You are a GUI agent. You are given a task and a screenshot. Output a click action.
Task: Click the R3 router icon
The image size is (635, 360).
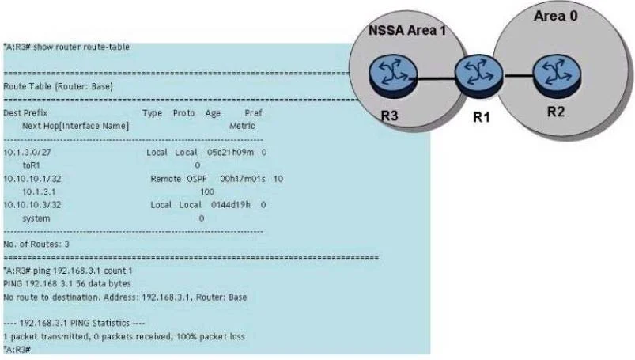click(393, 75)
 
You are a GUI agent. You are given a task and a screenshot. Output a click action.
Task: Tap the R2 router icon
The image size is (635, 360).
click(558, 76)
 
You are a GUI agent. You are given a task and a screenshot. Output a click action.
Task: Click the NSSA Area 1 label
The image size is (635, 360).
click(407, 30)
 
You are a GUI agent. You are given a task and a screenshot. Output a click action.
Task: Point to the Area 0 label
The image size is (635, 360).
click(555, 16)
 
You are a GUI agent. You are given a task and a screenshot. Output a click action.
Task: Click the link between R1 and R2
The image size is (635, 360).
click(518, 75)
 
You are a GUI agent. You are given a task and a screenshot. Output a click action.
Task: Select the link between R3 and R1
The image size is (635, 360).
click(436, 78)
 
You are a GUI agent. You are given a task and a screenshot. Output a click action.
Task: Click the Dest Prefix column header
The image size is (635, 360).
click(25, 112)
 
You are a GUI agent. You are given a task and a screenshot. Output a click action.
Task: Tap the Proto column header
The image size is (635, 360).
click(184, 112)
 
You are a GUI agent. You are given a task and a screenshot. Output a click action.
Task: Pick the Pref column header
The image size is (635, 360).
click(254, 112)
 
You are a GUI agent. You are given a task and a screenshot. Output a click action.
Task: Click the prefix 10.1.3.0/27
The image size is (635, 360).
click(27, 153)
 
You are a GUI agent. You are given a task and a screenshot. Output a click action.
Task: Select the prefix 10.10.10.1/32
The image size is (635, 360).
click(32, 179)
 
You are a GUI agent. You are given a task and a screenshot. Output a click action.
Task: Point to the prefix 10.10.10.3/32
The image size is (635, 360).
click(32, 205)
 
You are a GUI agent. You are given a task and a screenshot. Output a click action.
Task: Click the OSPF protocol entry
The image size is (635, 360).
click(197, 179)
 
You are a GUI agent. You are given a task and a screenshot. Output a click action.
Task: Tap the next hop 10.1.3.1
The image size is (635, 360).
click(39, 191)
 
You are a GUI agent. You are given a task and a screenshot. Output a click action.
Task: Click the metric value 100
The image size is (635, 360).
click(207, 191)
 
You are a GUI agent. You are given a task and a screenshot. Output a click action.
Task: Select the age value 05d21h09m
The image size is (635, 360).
click(230, 153)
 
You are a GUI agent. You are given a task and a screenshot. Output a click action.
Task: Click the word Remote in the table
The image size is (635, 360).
click(165, 179)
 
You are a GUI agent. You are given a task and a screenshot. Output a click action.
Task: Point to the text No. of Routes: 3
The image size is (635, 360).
click(36, 244)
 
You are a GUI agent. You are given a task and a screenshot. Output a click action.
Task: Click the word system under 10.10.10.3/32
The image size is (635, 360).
click(36, 218)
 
